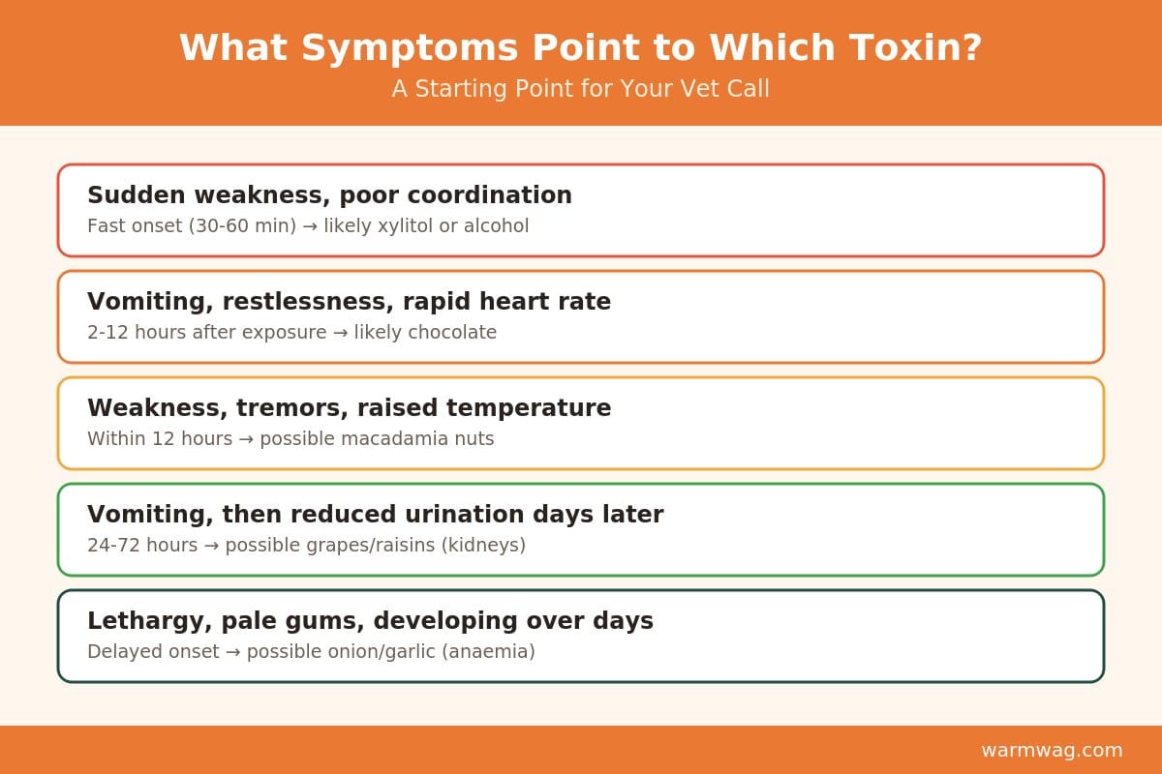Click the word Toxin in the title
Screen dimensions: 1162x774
point(915,47)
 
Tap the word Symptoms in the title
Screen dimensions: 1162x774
point(410,48)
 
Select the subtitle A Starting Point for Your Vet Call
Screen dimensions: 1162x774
point(580,89)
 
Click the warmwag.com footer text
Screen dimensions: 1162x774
point(1052,750)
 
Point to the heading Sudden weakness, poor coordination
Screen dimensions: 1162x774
point(329,195)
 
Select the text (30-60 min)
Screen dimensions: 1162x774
point(242,226)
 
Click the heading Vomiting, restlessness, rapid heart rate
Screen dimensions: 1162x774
point(350,302)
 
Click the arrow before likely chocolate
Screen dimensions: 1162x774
point(341,333)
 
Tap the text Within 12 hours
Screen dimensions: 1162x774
point(160,438)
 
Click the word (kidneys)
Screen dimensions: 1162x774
point(483,546)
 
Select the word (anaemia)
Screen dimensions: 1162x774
point(488,652)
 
